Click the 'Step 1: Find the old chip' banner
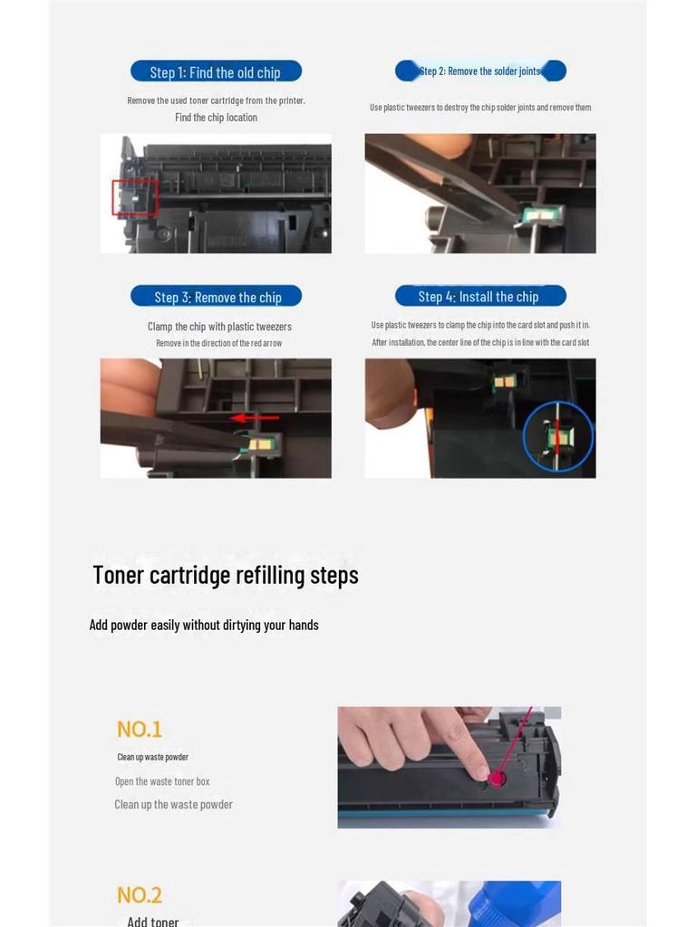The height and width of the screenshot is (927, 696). (x=216, y=72)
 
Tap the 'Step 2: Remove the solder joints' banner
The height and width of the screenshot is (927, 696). (x=480, y=71)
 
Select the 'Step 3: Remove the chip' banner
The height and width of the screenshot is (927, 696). (x=216, y=296)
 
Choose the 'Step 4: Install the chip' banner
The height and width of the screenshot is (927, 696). (x=480, y=296)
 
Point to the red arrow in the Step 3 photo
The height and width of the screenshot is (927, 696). (x=255, y=418)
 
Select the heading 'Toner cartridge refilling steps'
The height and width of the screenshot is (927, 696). (x=226, y=575)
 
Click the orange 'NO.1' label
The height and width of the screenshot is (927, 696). (x=139, y=729)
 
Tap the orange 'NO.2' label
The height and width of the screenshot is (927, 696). (x=139, y=895)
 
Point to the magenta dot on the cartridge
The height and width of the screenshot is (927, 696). (x=497, y=778)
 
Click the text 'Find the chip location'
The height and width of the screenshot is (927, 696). (x=216, y=117)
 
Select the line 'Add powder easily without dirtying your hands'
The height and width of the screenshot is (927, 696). (x=204, y=625)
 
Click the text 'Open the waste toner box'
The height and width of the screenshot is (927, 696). (x=162, y=781)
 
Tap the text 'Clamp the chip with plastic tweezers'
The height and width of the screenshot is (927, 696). (x=219, y=326)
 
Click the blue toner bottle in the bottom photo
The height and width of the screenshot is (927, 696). (x=514, y=903)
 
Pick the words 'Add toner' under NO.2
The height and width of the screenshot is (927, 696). (x=152, y=921)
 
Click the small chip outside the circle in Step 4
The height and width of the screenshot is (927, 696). (x=504, y=381)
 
